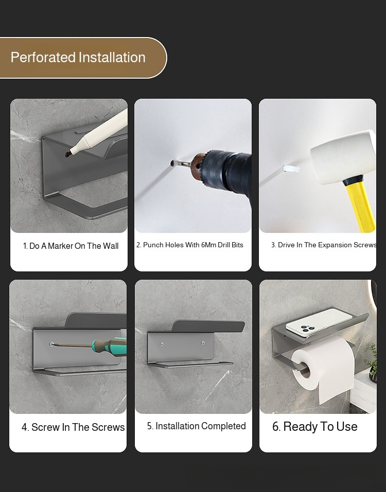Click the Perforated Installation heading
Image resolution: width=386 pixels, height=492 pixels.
coord(78,58)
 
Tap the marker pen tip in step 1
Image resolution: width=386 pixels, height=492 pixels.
coord(71,153)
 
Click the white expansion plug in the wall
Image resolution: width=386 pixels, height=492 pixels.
coord(290,169)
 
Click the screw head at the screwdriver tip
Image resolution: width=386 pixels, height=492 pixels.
coord(51,344)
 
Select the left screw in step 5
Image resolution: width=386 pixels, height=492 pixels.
coord(162,344)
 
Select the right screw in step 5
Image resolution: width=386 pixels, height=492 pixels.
coord(203,343)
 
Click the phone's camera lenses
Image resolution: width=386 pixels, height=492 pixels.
coord(307,329)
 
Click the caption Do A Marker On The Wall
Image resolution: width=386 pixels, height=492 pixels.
coord(71,246)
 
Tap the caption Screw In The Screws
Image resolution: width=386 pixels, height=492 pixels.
coord(73,427)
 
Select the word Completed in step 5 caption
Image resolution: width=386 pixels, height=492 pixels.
coord(223,426)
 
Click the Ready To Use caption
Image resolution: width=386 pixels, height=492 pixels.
coord(314,427)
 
